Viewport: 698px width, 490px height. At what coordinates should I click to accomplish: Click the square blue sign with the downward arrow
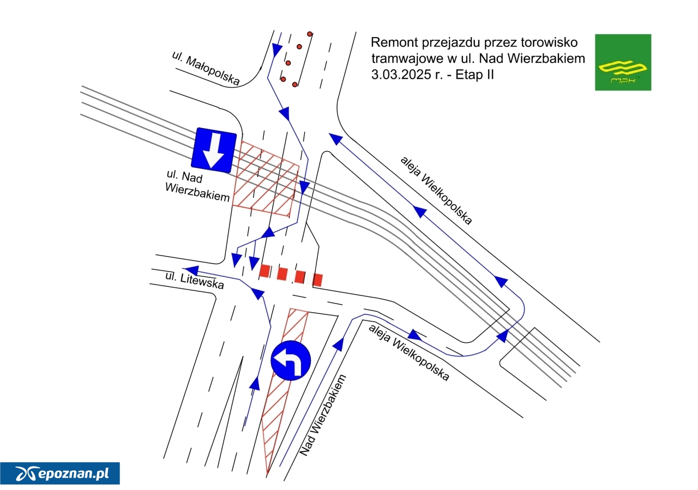[214, 150]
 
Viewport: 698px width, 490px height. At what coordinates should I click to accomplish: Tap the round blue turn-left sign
[291, 360]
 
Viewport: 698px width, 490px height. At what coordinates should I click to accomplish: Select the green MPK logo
[623, 62]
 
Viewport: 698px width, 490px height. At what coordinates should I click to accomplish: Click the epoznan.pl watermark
[60, 473]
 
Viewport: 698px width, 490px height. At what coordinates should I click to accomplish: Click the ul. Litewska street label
[195, 280]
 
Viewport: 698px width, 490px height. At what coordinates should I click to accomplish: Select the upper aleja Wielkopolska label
[436, 190]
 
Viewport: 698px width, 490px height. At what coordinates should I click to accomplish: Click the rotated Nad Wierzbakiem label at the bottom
[323, 415]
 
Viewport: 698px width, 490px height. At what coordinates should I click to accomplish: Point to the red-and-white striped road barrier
[291, 275]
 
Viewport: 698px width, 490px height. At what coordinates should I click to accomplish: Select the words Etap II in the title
[474, 75]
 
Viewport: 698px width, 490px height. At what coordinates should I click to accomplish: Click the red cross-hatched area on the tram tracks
[266, 178]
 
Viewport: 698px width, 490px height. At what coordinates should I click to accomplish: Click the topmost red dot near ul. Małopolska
[310, 34]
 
